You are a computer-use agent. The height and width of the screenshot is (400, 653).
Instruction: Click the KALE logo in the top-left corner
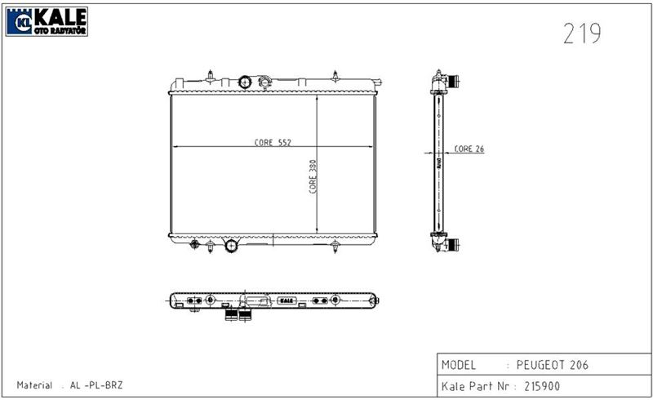pyautogui.click(x=47, y=21)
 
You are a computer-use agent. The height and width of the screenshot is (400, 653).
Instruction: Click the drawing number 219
pyautogui.click(x=582, y=33)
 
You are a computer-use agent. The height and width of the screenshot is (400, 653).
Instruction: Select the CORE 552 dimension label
pyautogui.click(x=273, y=142)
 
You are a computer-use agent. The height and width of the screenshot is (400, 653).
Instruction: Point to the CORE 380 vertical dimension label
pyautogui.click(x=313, y=176)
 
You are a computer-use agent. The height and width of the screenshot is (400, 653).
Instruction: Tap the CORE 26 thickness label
pyautogui.click(x=469, y=149)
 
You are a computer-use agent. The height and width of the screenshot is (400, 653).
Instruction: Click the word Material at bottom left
pyautogui.click(x=34, y=385)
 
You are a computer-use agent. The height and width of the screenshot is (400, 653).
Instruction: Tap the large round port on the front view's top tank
pyautogui.click(x=245, y=82)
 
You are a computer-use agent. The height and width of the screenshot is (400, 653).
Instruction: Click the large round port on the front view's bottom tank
pyautogui.click(x=231, y=245)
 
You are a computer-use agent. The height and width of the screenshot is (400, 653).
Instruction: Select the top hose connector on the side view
pyautogui.click(x=447, y=82)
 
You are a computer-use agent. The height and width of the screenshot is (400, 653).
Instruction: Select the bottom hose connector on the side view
pyautogui.click(x=447, y=243)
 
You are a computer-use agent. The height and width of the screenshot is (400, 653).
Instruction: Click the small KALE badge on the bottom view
pyautogui.click(x=286, y=300)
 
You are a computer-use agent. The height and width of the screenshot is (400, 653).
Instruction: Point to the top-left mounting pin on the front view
pyautogui.click(x=210, y=77)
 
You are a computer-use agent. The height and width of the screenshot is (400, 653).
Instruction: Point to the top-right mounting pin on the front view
pyautogui.click(x=335, y=74)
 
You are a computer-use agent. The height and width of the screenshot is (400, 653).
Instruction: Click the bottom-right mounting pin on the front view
pyautogui.click(x=335, y=247)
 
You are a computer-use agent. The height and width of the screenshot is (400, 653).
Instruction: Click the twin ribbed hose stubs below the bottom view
pyautogui.click(x=237, y=315)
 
